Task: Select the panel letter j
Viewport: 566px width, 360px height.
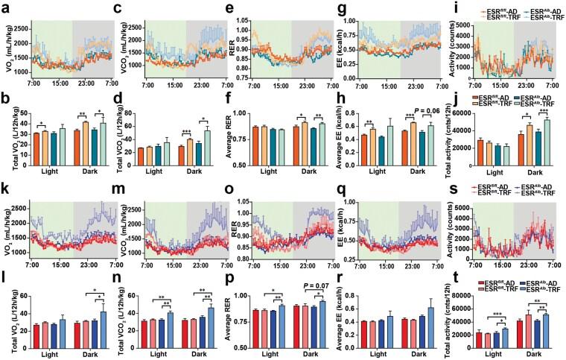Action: [457, 95]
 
